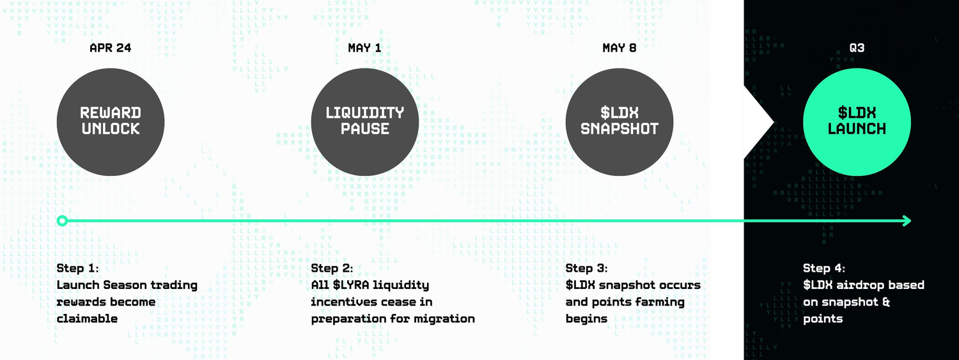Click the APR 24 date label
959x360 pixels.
click(111, 48)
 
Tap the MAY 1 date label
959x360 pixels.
click(364, 48)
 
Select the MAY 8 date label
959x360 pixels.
click(619, 48)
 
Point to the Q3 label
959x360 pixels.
click(857, 48)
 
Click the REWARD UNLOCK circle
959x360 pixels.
click(111, 122)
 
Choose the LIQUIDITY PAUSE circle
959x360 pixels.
click(365, 122)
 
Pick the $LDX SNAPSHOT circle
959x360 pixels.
click(619, 122)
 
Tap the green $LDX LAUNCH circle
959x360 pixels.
click(857, 122)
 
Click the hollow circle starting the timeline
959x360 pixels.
click(62, 221)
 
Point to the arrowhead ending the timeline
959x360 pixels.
click(907, 221)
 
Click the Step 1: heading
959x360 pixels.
click(77, 269)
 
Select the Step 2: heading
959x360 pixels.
click(332, 269)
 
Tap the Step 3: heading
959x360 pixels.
click(586, 269)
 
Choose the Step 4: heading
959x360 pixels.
click(824, 269)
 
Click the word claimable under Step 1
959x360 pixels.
click(87, 319)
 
